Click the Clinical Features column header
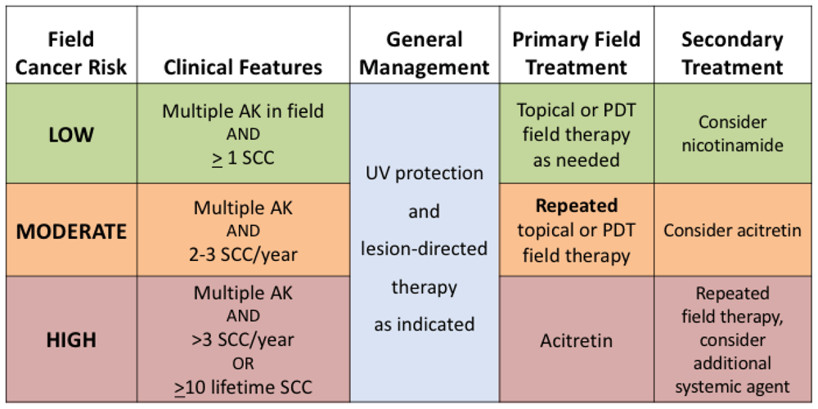[243, 67]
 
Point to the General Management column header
[425, 53]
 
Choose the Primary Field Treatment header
[576, 53]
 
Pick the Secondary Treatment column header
[732, 53]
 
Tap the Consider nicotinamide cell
[732, 133]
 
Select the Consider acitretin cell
[732, 231]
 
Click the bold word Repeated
[576, 205]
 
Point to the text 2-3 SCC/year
[243, 254]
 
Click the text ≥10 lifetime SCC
[243, 387]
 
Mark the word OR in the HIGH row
[243, 363]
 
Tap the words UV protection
[425, 174]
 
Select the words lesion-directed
[425, 249]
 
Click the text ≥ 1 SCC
[243, 157]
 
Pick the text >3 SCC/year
[243, 339]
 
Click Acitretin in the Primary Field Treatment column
[576, 340]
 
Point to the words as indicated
[425, 324]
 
